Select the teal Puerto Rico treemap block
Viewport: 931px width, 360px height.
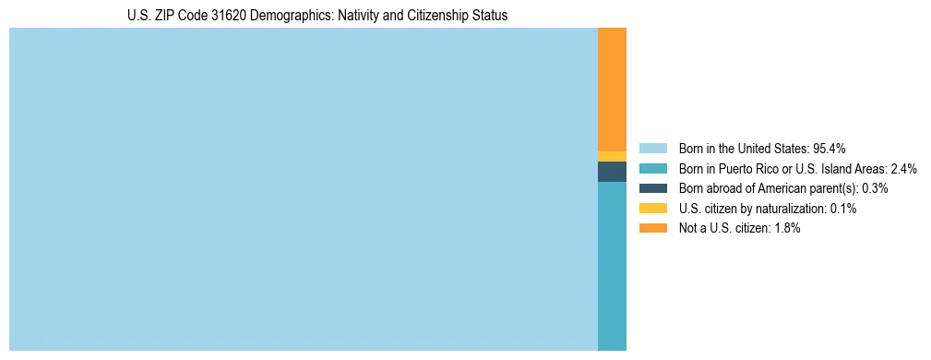coord(612,266)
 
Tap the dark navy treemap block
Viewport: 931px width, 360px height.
coord(612,172)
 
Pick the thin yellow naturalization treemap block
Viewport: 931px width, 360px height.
coord(612,156)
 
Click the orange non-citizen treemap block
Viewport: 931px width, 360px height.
coord(612,89)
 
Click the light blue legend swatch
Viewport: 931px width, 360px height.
coord(652,148)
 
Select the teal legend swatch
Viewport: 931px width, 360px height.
coord(652,168)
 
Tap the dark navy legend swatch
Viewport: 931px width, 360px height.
coord(652,188)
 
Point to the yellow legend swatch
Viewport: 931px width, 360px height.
coord(652,209)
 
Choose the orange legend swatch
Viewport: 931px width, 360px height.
coord(652,228)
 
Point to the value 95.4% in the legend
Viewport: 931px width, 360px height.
coord(830,148)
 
